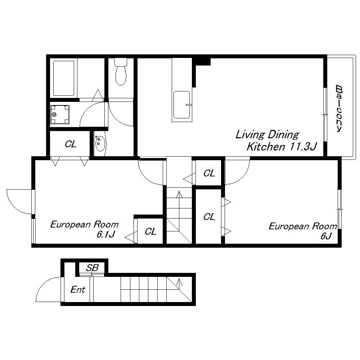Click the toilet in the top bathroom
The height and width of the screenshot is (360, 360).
(x=121, y=72)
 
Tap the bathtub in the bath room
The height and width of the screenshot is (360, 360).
(x=64, y=78)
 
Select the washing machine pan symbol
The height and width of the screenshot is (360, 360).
(x=60, y=114)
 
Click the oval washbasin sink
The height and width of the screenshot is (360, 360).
(x=100, y=144)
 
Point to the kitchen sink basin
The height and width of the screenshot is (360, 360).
(x=181, y=105)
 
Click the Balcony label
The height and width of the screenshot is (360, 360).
(x=339, y=108)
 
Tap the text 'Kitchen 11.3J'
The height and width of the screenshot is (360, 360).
(x=282, y=147)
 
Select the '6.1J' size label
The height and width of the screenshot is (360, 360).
(x=105, y=234)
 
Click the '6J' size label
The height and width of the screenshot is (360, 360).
(x=326, y=236)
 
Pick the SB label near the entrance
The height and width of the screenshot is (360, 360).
(x=92, y=268)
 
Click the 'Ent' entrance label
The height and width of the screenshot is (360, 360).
(x=78, y=289)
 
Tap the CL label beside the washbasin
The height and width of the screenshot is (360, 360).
(x=71, y=144)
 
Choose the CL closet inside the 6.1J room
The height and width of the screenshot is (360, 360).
(x=150, y=231)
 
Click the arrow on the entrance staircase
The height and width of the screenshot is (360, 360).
(x=179, y=283)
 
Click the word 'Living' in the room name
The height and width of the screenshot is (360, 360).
(x=250, y=135)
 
